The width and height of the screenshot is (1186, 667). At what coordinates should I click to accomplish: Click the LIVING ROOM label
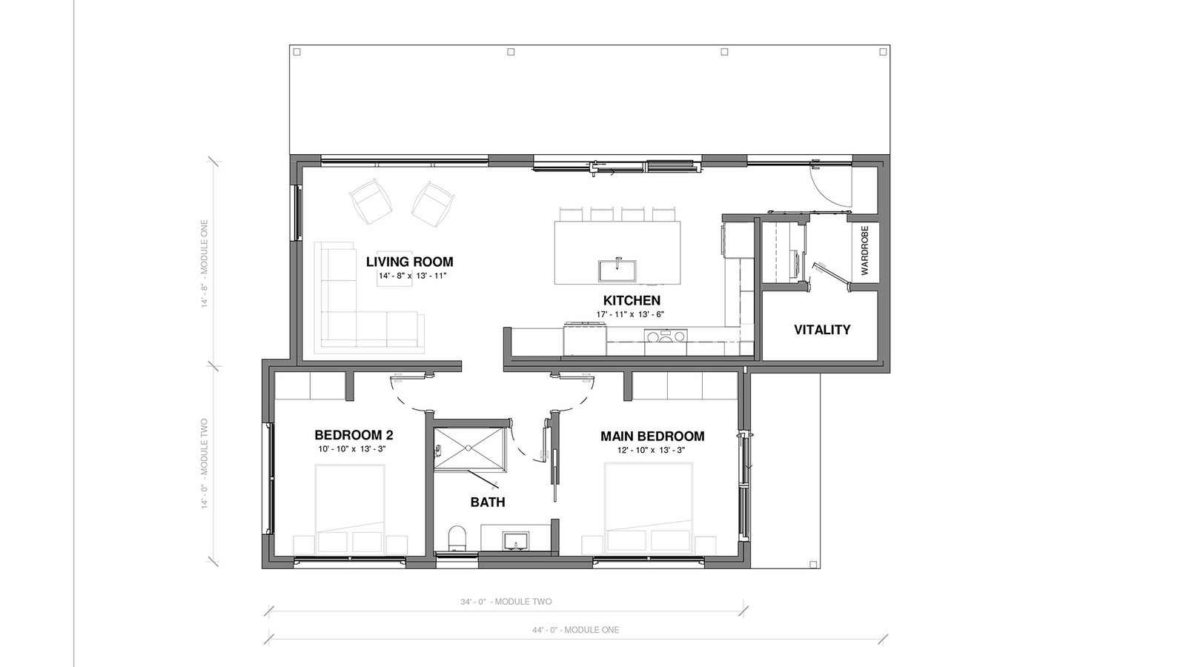(x=409, y=262)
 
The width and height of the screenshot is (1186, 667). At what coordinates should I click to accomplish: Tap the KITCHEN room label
(x=632, y=300)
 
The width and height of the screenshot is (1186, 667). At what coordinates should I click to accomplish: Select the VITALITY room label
(x=822, y=330)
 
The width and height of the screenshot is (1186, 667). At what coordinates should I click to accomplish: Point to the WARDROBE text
(x=864, y=250)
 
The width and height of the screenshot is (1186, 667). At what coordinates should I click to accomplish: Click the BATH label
(x=488, y=502)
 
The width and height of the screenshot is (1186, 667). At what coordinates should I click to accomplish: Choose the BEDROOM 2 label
(x=354, y=435)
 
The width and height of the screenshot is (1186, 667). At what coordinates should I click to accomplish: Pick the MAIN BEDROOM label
(x=652, y=437)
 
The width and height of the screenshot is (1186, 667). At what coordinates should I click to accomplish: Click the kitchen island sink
(x=617, y=270)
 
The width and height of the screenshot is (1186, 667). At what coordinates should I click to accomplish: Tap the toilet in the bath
(x=457, y=538)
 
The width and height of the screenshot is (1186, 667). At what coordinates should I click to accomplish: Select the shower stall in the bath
(x=469, y=449)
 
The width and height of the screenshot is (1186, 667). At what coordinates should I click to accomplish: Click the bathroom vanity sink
(x=516, y=542)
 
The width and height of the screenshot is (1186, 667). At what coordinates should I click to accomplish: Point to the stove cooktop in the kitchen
(x=666, y=336)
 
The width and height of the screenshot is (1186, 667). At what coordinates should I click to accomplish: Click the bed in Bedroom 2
(x=350, y=508)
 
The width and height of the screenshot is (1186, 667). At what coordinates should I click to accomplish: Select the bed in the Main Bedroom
(x=649, y=508)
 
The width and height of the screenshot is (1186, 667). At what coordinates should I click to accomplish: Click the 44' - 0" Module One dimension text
(x=575, y=630)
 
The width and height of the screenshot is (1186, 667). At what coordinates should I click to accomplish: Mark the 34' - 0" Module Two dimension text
(x=506, y=602)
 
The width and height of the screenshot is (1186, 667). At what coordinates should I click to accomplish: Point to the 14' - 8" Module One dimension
(x=205, y=264)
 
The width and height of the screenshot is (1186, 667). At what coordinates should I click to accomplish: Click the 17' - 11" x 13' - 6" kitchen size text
(x=630, y=314)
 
